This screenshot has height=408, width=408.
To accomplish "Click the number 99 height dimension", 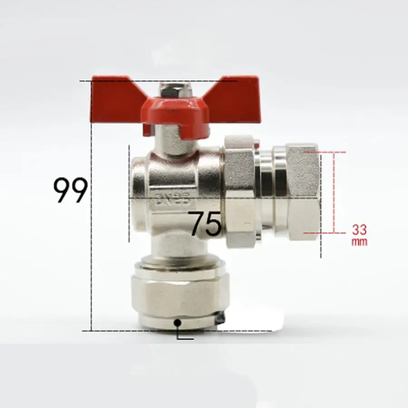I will point(70,190).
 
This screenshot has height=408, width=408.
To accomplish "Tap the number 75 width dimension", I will point(205,224).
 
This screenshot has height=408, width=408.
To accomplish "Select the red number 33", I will point(359,230).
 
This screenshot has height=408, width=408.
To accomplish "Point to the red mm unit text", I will point(359,242).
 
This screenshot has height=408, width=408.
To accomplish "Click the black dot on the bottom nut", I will point(178,322).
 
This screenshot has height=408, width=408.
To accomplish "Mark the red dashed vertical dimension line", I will point(334,193).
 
